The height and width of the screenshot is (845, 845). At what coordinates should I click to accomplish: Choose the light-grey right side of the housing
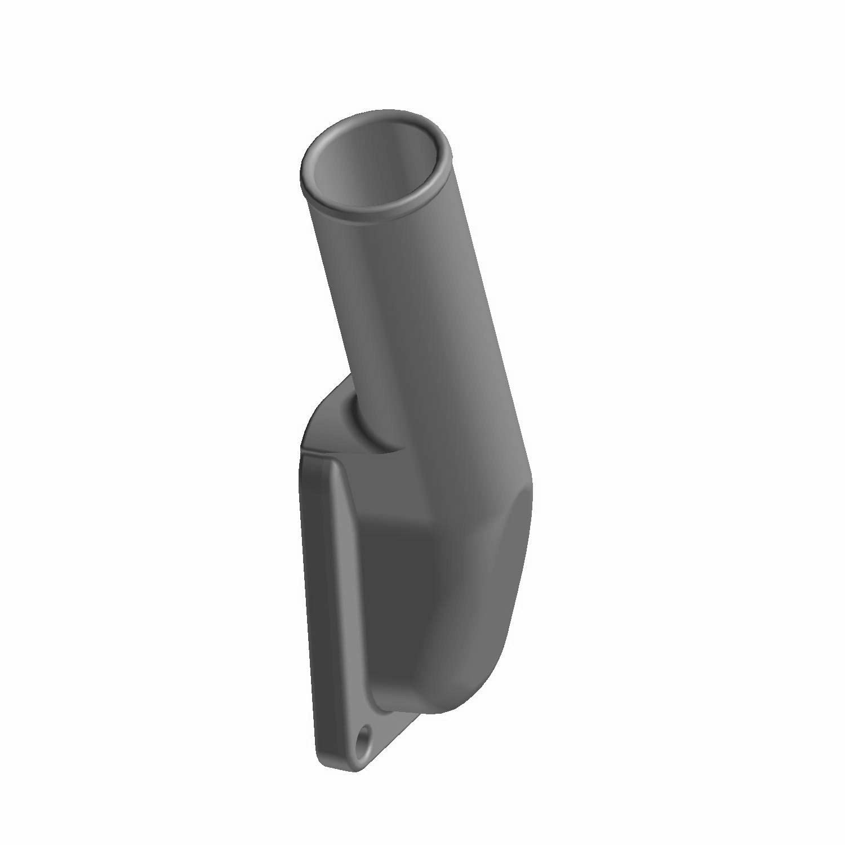tap(484, 591)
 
